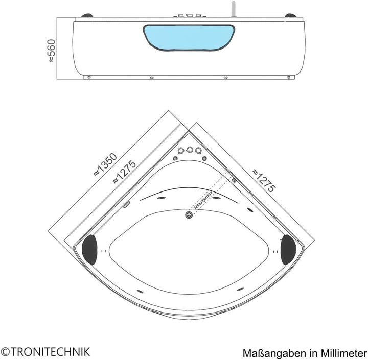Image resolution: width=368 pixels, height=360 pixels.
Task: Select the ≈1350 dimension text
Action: click(x=105, y=164)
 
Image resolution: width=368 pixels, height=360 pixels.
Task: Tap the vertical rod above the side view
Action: click(x=234, y=10)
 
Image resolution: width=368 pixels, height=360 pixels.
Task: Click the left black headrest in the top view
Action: click(x=90, y=249)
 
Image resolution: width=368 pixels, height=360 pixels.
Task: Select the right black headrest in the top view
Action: click(x=288, y=249)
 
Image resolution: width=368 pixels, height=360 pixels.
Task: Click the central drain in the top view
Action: click(x=189, y=215)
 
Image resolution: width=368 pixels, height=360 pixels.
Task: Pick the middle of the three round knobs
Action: click(x=189, y=150)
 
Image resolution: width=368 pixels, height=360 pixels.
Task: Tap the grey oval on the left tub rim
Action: click(x=126, y=205)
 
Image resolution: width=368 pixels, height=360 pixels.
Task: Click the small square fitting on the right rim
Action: click(x=234, y=180)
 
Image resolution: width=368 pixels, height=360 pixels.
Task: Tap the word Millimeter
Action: click(x=342, y=352)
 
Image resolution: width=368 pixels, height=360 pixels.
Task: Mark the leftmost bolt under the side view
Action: click(x=89, y=78)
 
